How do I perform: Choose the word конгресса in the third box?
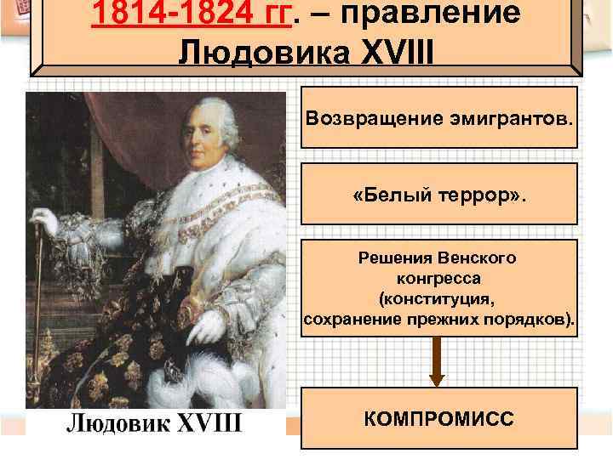(438, 278)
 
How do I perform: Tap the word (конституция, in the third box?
(438, 299)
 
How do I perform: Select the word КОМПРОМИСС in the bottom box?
(438, 418)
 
